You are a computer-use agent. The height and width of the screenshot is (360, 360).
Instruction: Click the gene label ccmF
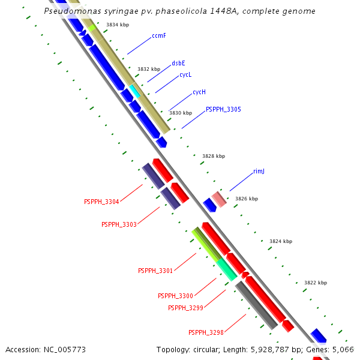point(159,36)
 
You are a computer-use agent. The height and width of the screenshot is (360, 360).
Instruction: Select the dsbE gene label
point(178,63)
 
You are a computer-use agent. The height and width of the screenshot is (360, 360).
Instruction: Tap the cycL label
point(185,75)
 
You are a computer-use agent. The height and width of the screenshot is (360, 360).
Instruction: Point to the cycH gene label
point(199,92)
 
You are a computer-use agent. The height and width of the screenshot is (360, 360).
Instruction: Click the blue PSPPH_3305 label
point(223,109)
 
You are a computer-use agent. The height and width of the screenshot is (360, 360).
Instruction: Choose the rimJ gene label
point(259,171)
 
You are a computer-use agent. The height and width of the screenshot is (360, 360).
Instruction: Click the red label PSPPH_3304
point(101,202)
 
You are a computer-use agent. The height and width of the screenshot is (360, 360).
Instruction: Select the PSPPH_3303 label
point(119,224)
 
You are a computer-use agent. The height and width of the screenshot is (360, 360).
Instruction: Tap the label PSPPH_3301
point(155,271)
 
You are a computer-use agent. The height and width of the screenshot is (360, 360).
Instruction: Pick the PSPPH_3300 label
point(175,296)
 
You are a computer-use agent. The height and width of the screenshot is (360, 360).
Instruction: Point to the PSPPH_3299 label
point(185,308)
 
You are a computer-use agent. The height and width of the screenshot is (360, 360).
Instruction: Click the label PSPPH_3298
point(206,332)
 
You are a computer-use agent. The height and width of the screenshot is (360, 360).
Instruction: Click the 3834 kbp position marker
point(117,25)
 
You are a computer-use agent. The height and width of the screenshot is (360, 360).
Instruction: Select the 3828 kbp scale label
point(214,156)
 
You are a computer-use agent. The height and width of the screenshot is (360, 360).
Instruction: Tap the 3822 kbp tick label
point(316,283)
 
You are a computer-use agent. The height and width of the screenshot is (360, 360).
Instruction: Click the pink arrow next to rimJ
point(219,199)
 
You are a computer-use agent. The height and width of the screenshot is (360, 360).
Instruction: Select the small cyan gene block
point(135,91)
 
